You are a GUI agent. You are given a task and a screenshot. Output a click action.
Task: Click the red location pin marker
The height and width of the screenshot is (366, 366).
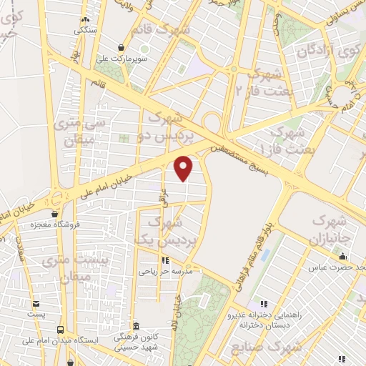[x=184, y=167]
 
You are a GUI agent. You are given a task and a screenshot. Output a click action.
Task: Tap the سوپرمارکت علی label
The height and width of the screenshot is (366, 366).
[x=144, y=60]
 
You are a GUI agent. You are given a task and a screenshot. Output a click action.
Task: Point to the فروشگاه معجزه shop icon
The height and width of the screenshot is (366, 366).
[x=55, y=213]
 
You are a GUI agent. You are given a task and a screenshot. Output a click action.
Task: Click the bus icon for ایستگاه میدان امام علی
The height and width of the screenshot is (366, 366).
[x=60, y=330]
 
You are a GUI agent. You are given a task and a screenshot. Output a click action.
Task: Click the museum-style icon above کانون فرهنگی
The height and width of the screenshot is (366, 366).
[x=136, y=326]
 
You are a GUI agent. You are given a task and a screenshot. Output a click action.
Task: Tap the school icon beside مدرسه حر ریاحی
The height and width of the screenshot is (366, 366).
[x=165, y=260]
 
